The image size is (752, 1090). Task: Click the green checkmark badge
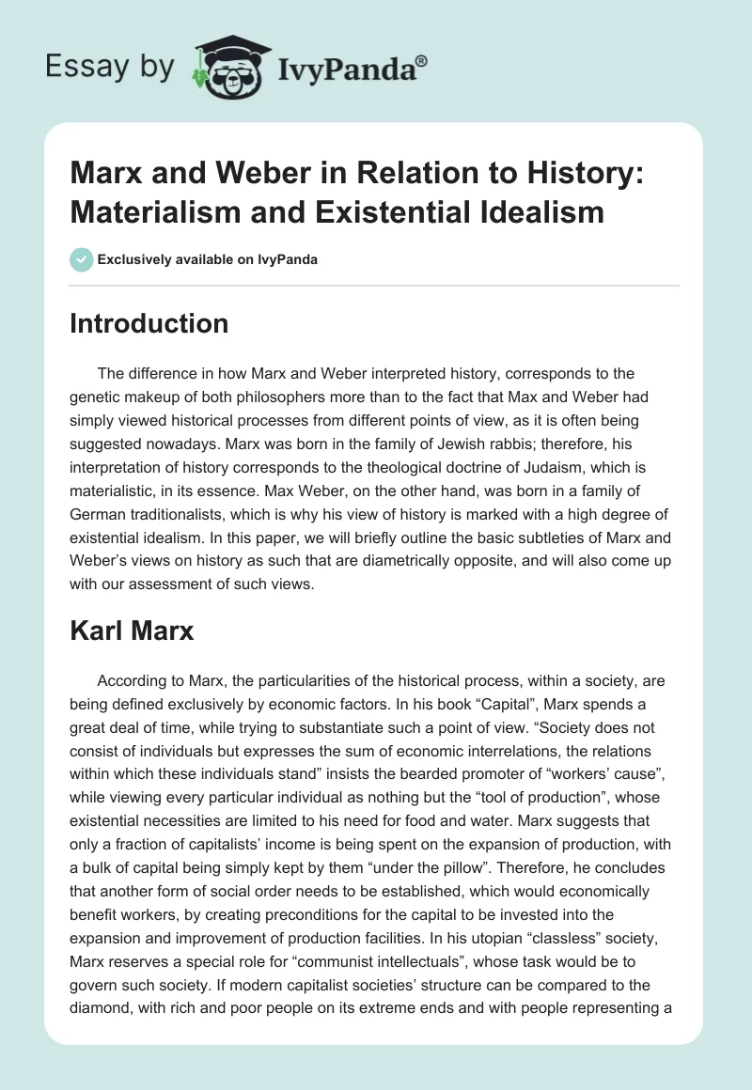[x=82, y=259]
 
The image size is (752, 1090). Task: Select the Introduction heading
[x=149, y=324]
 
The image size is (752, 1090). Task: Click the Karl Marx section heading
[x=132, y=631]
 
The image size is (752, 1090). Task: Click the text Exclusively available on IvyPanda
[x=208, y=259]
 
